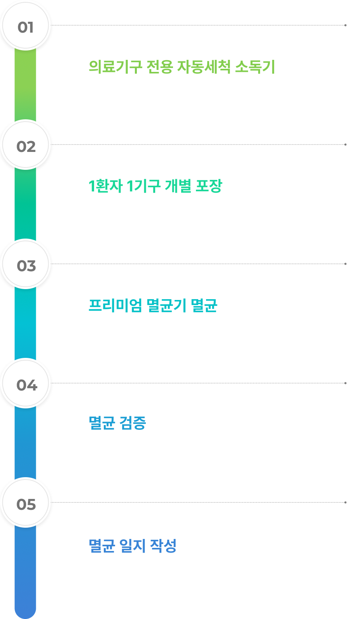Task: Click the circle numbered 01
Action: [25, 26]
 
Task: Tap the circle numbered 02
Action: [25, 145]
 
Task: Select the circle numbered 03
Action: [25, 264]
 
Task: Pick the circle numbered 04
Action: [25, 383]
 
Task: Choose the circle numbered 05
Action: [25, 503]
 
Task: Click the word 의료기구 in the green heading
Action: [115, 67]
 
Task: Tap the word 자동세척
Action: [204, 67]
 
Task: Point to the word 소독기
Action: [255, 67]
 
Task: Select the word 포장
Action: [209, 186]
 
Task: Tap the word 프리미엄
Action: [115, 305]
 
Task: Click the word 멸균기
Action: [166, 305]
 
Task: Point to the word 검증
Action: [133, 423]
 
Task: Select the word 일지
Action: [133, 546]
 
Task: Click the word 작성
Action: [163, 546]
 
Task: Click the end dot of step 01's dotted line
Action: [345, 25]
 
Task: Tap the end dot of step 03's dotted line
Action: [345, 264]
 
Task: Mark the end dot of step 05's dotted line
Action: [345, 502]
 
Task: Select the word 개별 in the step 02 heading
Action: [178, 186]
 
